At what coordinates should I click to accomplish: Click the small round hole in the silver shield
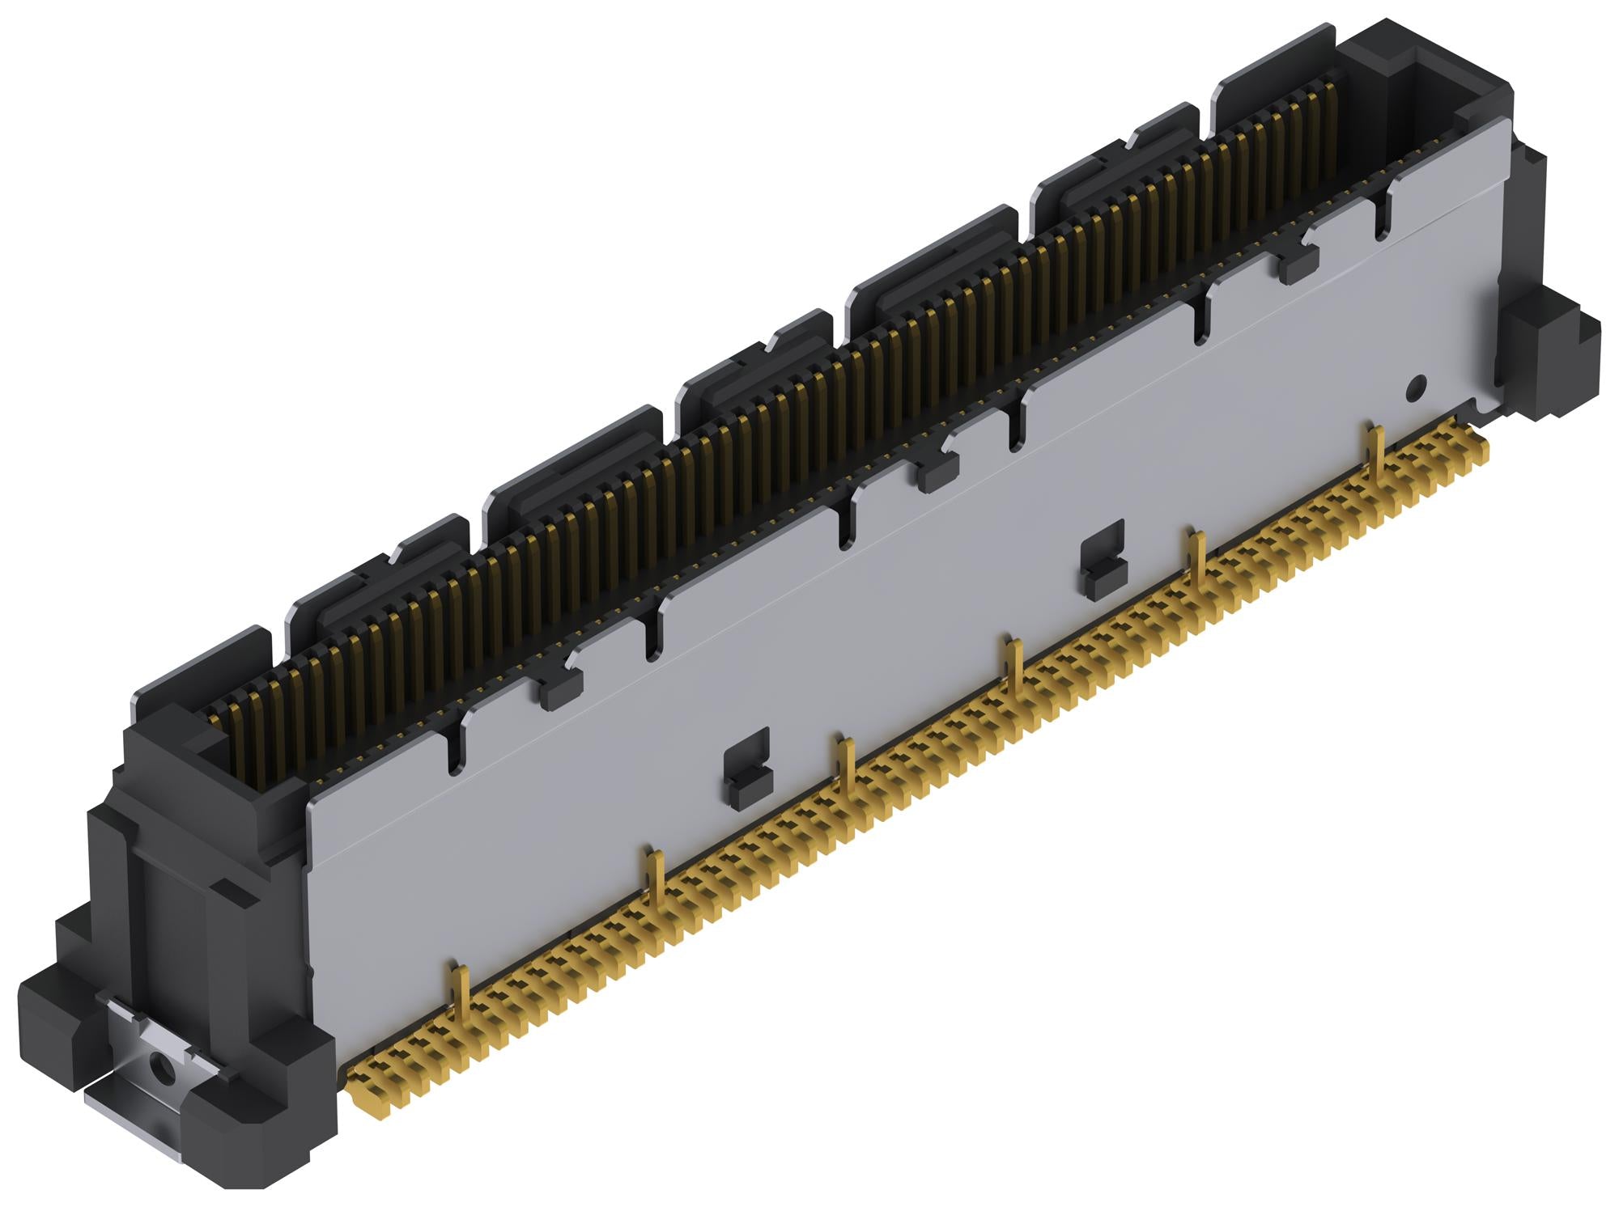(x=1416, y=388)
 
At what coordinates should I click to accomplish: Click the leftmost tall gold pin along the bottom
(x=459, y=995)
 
